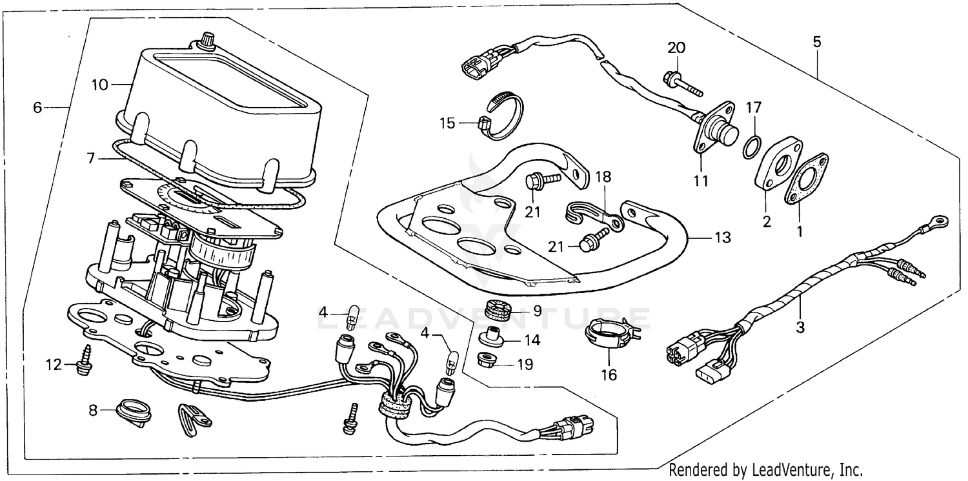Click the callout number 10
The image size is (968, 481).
pos(99,85)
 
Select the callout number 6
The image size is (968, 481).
pos(37,108)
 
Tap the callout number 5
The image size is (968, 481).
pos(817,43)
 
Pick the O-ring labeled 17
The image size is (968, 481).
pos(751,147)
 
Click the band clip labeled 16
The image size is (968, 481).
pos(609,333)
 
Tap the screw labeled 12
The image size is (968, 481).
pos(83,359)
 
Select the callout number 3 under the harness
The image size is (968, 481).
pos(800,327)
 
